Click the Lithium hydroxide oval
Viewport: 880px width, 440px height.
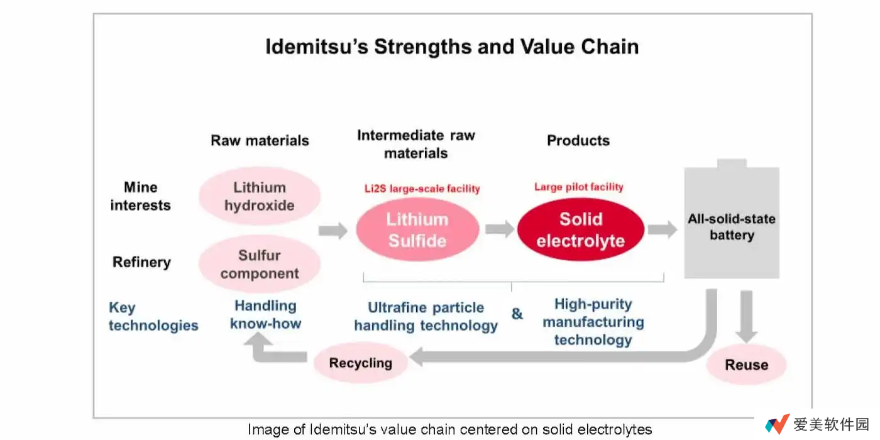tap(260, 195)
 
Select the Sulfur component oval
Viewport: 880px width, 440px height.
tap(260, 264)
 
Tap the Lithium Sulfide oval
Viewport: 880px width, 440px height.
tap(417, 229)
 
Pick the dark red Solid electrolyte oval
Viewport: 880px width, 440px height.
tap(581, 229)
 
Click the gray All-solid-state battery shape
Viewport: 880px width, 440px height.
tap(732, 220)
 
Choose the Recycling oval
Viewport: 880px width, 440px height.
tap(361, 363)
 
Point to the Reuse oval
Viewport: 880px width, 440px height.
tap(747, 365)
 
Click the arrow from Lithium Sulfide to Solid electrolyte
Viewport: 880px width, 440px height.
tap(499, 229)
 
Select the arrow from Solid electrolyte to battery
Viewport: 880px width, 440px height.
tap(663, 229)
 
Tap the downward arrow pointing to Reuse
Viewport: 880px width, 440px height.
tap(747, 317)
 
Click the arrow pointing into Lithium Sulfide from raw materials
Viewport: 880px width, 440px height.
tap(333, 230)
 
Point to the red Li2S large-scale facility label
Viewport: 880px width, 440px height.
tap(422, 189)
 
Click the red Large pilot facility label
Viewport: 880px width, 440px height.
tap(579, 187)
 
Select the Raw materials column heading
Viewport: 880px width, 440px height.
tap(260, 140)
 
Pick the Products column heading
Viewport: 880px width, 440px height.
tap(578, 140)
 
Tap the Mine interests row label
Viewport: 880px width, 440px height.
tap(140, 196)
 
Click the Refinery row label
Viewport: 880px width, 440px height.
tap(141, 262)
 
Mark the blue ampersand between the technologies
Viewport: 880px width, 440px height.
tap(517, 314)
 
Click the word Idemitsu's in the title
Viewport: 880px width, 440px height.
tap(317, 47)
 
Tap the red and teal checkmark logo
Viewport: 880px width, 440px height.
tap(778, 424)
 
